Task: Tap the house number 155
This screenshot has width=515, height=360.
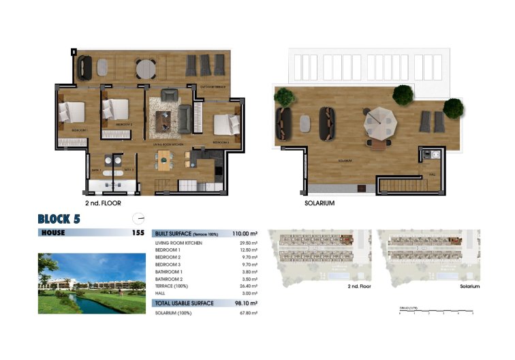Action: tap(138, 233)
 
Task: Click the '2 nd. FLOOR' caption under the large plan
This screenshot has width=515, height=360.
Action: tap(104, 203)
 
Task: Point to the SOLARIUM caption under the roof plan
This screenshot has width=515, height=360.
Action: tap(319, 203)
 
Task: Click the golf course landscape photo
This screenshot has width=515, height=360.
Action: tap(91, 283)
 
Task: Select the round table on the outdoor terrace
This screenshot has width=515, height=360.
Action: tap(146, 69)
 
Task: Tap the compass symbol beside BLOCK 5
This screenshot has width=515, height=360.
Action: tap(140, 219)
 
